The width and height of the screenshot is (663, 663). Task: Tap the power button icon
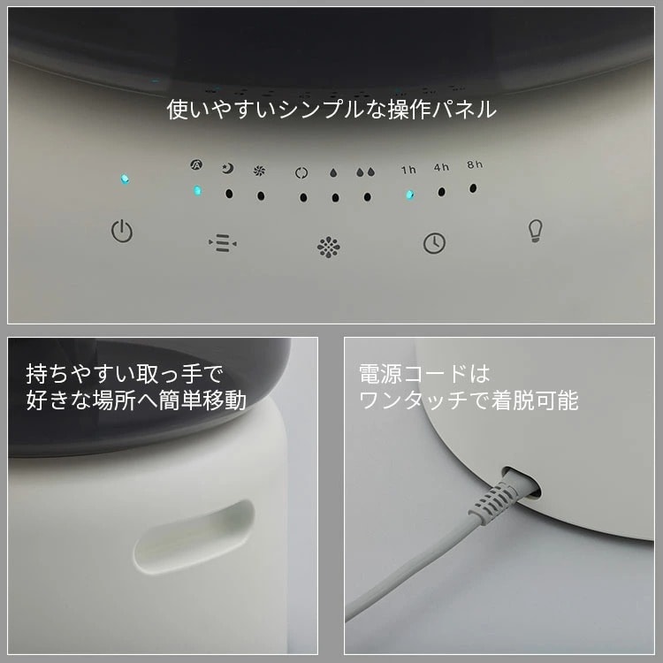122,232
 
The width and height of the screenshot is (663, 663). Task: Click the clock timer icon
434,243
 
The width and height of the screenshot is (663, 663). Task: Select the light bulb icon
536,231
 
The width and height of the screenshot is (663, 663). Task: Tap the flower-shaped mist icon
329,247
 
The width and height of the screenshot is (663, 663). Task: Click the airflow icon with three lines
223,243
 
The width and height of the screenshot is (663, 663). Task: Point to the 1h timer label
409,170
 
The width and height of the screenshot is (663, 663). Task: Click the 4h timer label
441,167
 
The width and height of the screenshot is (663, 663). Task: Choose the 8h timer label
475,164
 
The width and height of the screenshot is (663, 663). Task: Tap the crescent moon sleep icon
228,169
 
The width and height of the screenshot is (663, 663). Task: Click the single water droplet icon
333,172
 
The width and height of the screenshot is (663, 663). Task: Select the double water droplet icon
366,171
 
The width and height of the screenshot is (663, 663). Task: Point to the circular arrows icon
301,172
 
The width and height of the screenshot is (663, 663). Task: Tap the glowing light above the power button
125,179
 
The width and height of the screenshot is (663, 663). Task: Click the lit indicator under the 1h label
409,195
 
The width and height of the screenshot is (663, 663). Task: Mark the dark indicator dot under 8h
473,188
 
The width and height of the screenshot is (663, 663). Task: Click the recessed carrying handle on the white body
194,537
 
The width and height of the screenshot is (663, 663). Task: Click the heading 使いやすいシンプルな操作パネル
331,110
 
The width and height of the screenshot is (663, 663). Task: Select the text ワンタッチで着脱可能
469,400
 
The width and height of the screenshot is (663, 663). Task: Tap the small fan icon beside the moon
259,171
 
